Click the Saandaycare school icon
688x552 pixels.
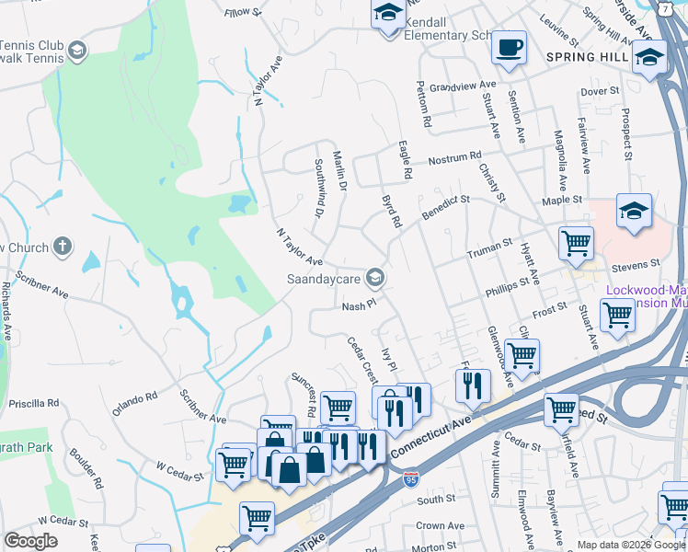374,277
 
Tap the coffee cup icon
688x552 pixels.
508,47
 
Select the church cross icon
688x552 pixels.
62,247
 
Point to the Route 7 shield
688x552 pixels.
664,7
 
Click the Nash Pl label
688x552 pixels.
360,305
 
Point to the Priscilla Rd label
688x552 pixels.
33,403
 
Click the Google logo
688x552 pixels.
30,541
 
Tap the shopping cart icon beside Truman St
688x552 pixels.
576,244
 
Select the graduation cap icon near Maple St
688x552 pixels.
634,211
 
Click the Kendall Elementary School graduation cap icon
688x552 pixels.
387,15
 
